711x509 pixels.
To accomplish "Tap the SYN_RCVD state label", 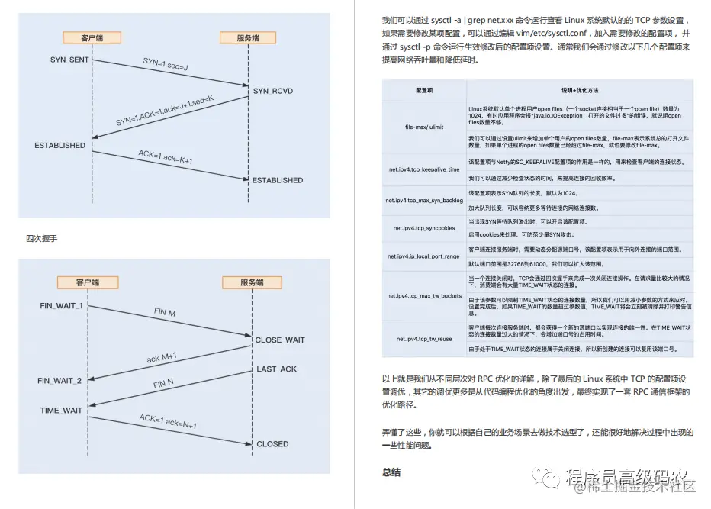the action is [272, 92].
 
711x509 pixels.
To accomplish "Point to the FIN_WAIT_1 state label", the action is [61, 305].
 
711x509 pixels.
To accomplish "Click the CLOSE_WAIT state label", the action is [279, 340].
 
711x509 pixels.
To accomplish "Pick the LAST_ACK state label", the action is [277, 369].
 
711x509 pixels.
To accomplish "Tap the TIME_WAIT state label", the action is [61, 411].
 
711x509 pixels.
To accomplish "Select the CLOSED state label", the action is [272, 443].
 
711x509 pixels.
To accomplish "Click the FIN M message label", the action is [164, 314].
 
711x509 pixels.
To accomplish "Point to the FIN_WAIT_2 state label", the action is [60, 380].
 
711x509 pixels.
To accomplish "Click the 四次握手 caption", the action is [41, 239].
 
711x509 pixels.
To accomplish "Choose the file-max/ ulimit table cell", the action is [424, 127].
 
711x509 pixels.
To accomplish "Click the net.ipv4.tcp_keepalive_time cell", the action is [424, 169].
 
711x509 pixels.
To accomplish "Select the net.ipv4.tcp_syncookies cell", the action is [424, 228].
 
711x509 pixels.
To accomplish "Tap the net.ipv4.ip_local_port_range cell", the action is [424, 256].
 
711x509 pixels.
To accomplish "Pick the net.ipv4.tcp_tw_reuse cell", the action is [424, 338].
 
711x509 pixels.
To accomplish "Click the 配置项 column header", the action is [424, 90].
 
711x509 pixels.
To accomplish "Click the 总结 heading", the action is [391, 472].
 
